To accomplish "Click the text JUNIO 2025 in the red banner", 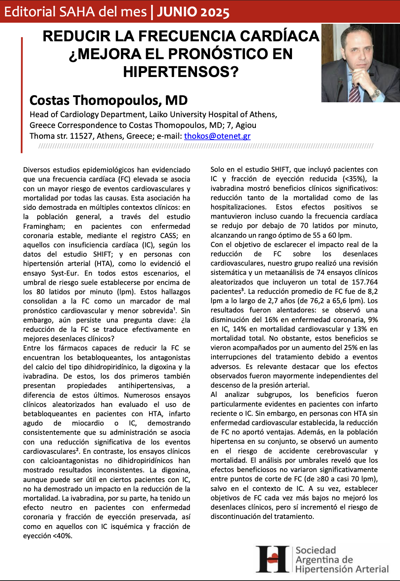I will pos(193,12).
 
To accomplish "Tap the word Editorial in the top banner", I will pos(29,12).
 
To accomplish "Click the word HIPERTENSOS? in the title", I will pos(181,72).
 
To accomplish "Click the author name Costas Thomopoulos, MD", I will pos(108,100).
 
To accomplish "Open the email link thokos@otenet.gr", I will pos(217,136).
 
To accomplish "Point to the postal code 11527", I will pos(81,136).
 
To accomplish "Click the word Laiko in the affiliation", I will pos(159,115).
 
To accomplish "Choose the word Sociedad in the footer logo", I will pos(316,550).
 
